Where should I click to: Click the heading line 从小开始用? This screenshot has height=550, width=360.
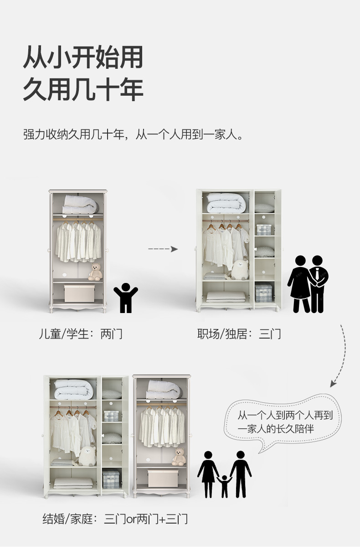point(83,58)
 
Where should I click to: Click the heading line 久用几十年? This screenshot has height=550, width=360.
point(83,89)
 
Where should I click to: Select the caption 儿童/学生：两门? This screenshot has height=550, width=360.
point(81,334)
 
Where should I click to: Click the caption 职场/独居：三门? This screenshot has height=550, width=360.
point(239,334)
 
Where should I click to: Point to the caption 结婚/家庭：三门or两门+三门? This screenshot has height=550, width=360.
point(115,519)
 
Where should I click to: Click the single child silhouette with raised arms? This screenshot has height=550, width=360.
point(125,297)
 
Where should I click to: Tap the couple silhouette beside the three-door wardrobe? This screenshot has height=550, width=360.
point(308,284)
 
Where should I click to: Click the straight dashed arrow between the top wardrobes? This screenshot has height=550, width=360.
point(163,249)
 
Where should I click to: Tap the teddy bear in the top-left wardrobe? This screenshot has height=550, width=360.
point(95,272)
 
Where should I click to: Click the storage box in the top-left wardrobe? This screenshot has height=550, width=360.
point(79,293)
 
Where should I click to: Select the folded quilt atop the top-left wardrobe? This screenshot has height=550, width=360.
point(80,204)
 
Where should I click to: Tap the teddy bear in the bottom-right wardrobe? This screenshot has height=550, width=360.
point(179,457)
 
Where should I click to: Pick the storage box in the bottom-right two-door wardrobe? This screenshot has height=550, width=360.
point(163,478)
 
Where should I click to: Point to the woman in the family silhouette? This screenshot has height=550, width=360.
point(208,473)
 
